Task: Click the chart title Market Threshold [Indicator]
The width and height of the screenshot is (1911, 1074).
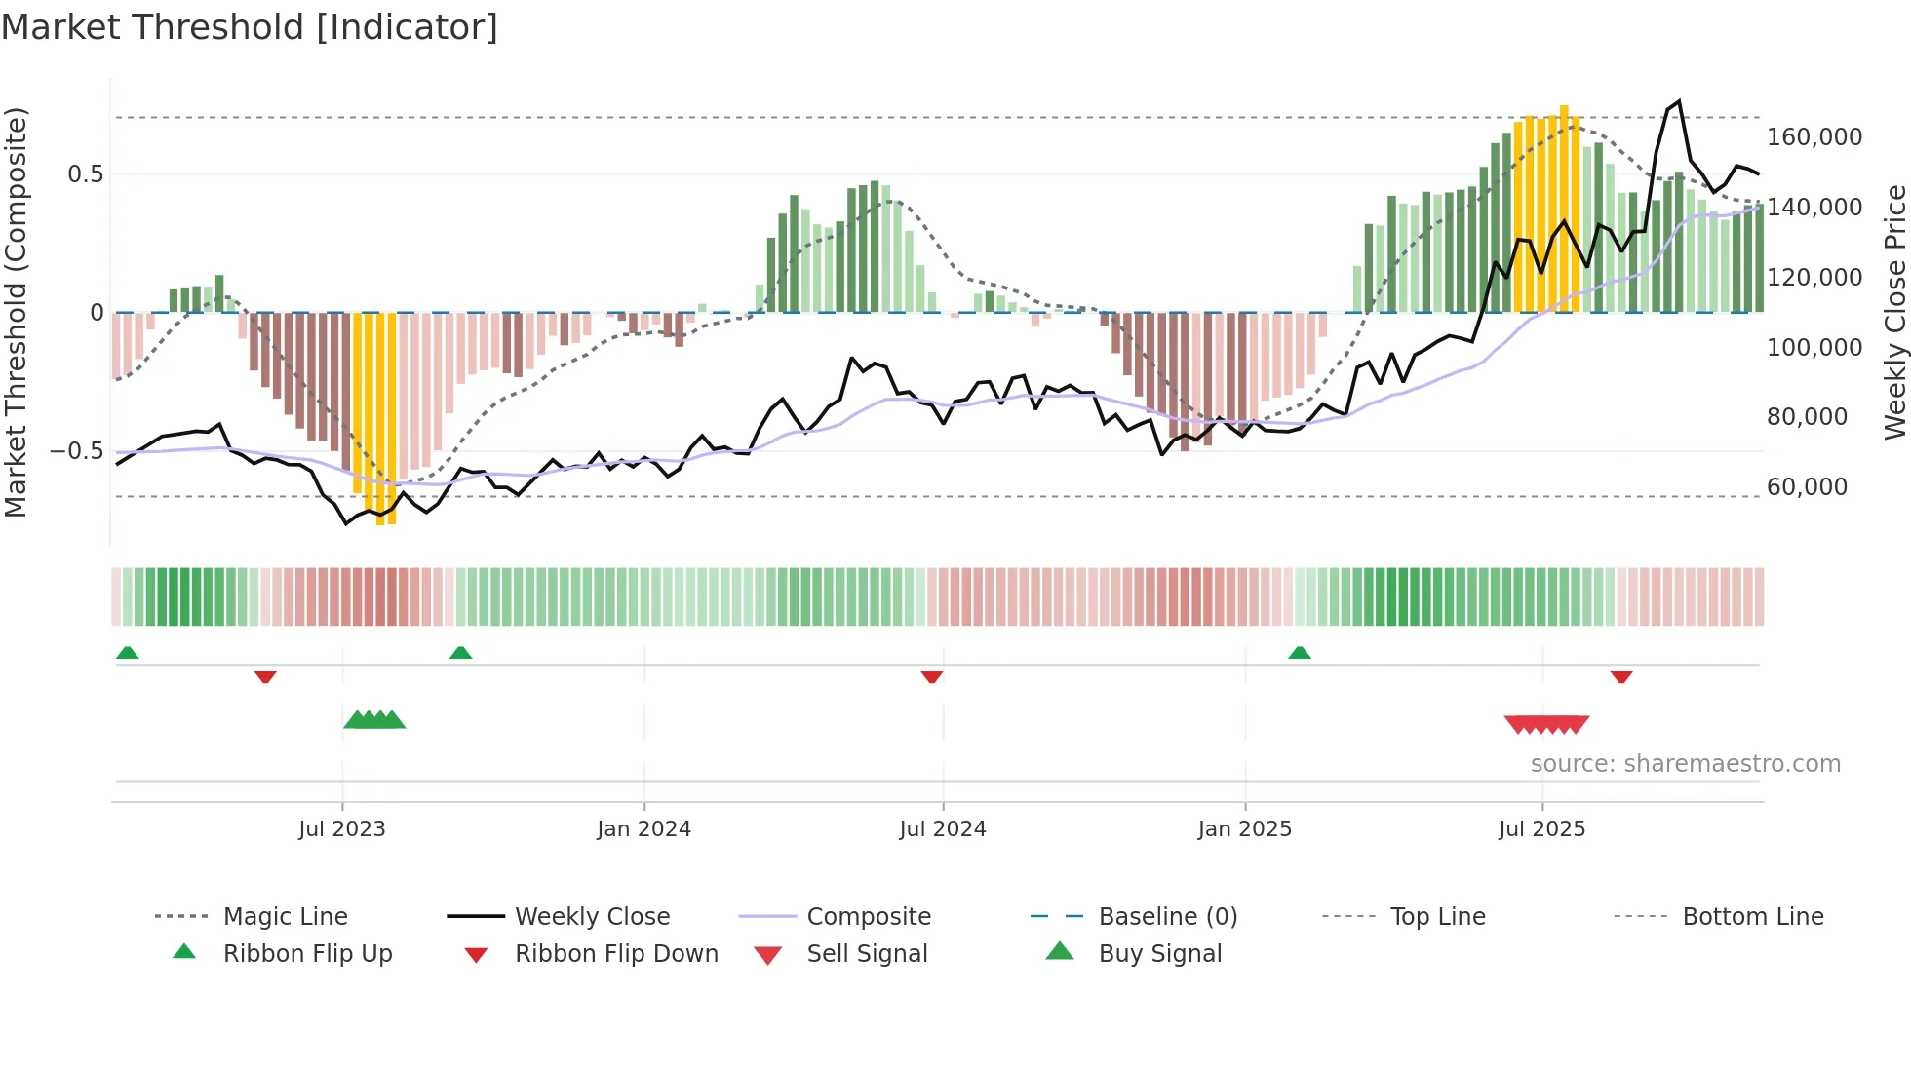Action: tap(250, 27)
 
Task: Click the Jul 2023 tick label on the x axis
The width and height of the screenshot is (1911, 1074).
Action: tap(342, 829)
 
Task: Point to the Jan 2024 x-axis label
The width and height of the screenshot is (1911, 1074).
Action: tap(643, 829)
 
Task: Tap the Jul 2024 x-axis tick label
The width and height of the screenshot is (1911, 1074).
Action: tap(943, 829)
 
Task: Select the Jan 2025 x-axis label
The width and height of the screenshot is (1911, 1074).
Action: tap(1245, 829)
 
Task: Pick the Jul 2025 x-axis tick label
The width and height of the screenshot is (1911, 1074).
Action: tap(1542, 829)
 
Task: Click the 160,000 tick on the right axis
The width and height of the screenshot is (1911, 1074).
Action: tap(1814, 137)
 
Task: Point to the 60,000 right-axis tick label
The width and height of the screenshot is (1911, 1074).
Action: tap(1807, 487)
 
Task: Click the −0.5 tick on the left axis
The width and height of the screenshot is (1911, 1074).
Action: tap(76, 451)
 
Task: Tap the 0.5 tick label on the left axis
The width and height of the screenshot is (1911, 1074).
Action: tap(85, 174)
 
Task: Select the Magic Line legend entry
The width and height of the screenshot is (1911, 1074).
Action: tap(285, 917)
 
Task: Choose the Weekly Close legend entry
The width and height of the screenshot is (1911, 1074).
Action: tap(592, 917)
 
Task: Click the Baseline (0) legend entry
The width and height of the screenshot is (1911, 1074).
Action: tap(1167, 917)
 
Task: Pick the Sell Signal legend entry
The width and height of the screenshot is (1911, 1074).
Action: tap(867, 954)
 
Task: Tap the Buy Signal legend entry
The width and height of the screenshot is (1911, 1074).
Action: tap(1159, 954)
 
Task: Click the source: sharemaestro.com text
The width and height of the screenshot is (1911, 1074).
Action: tap(1685, 764)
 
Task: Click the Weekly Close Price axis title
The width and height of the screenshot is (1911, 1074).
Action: tap(1894, 312)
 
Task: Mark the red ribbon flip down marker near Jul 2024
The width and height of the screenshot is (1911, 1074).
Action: tap(932, 676)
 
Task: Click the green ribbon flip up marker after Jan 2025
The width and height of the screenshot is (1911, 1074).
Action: tap(1300, 653)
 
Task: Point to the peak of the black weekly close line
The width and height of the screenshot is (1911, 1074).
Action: tap(1679, 101)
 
